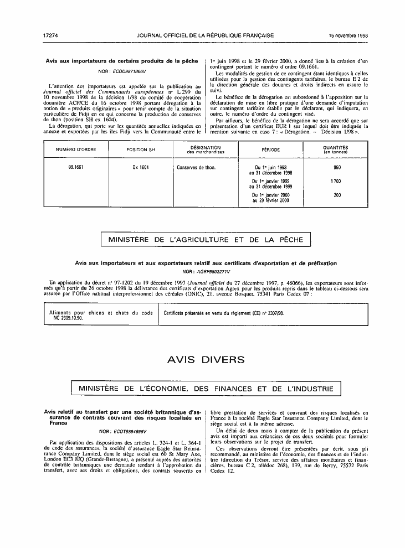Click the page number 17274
[x=50, y=35]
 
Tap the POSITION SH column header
[x=137, y=149]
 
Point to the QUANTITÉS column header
[x=335, y=149]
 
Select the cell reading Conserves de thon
[x=196, y=167]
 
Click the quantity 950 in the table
[x=337, y=167]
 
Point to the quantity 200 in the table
[x=337, y=195]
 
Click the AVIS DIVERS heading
[x=206, y=360]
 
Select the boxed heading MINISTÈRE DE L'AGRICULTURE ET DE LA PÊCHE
[x=206, y=240]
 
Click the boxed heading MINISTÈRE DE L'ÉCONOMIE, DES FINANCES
[x=206, y=389]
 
